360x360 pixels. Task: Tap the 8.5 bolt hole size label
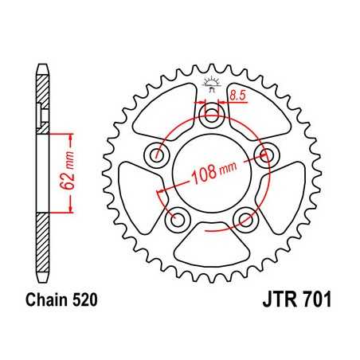pyautogui.click(x=237, y=96)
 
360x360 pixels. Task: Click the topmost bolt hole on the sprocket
pyautogui.click(x=212, y=116)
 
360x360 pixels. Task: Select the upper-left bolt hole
pyautogui.click(x=158, y=154)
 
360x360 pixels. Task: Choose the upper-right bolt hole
pyautogui.click(x=265, y=154)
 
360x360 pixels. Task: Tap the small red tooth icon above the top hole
pyautogui.click(x=212, y=82)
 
